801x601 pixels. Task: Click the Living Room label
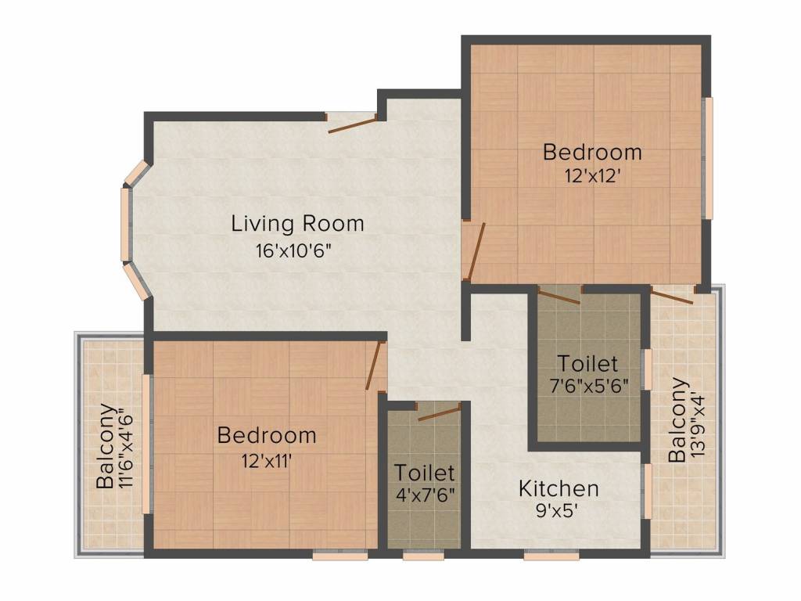click(x=297, y=224)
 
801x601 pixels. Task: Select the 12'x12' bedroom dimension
click(x=592, y=176)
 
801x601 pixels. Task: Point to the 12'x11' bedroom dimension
click(x=267, y=462)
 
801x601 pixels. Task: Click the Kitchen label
click(x=559, y=488)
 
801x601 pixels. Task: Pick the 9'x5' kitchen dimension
click(x=557, y=511)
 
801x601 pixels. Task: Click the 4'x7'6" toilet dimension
click(x=425, y=495)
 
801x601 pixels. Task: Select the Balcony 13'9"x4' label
click(x=686, y=420)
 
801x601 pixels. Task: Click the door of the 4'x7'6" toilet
click(x=440, y=412)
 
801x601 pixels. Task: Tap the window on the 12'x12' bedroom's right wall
click(x=707, y=158)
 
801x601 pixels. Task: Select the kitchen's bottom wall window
click(x=551, y=555)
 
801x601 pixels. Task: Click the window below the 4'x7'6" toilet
click(x=423, y=555)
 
